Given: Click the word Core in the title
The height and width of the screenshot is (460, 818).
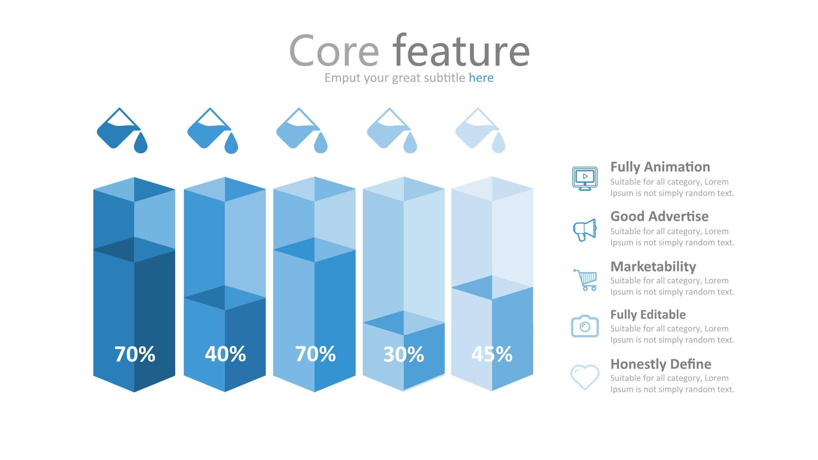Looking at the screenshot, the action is tap(334, 51).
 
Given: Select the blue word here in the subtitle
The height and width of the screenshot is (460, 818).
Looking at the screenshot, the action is tap(481, 78).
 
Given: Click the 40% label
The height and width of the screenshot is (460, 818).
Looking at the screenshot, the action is tap(225, 354).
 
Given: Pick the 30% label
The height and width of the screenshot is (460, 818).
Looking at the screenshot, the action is tap(404, 354).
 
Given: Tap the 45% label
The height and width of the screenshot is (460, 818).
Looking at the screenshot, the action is tap(492, 354).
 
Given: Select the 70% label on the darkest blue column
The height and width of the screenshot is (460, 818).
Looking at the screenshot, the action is tap(135, 354).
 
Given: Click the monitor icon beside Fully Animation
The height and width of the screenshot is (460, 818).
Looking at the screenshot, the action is tap(585, 179).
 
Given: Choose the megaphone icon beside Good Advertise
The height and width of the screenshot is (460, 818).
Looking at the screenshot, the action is tap(585, 230).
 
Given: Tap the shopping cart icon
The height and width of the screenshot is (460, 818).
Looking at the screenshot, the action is tap(585, 280).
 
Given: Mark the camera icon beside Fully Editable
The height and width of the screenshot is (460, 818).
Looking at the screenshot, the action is tap(585, 326).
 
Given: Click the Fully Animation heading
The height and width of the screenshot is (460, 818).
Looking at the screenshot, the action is tap(660, 167).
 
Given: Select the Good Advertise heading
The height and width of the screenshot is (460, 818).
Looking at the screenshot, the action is tap(660, 216).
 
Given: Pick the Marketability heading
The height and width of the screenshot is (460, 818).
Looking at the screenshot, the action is tap(653, 267).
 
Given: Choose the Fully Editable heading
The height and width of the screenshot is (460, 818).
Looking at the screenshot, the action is tap(648, 315).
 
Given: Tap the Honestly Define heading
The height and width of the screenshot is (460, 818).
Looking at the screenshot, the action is tap(661, 364).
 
